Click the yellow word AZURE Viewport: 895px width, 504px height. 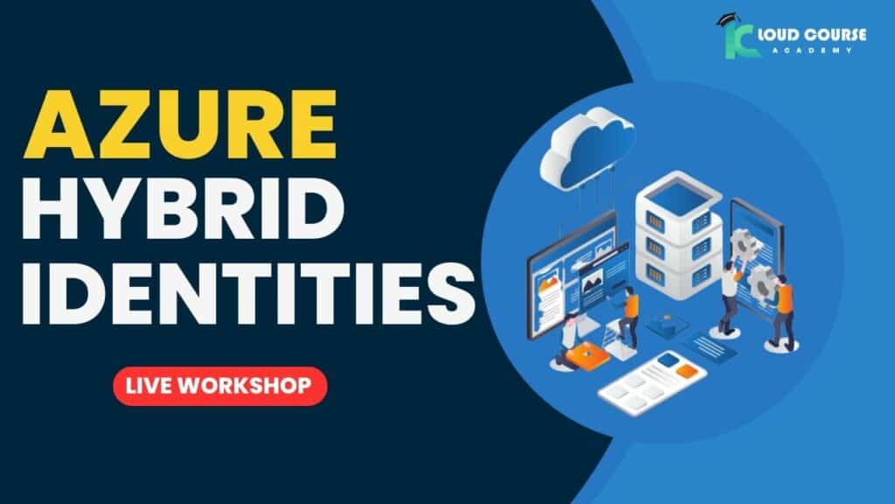pyautogui.click(x=179, y=124)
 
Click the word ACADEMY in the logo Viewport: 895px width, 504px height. pyautogui.click(x=813, y=50)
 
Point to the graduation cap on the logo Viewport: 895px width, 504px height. pyautogui.click(x=727, y=19)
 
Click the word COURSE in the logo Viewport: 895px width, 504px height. pyautogui.click(x=835, y=35)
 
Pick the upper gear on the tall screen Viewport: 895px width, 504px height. pyautogui.click(x=745, y=243)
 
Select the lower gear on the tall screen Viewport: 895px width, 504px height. pyautogui.click(x=761, y=281)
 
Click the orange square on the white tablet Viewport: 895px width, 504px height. pyautogui.click(x=687, y=371)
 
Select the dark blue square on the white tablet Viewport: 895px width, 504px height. pyautogui.click(x=668, y=360)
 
